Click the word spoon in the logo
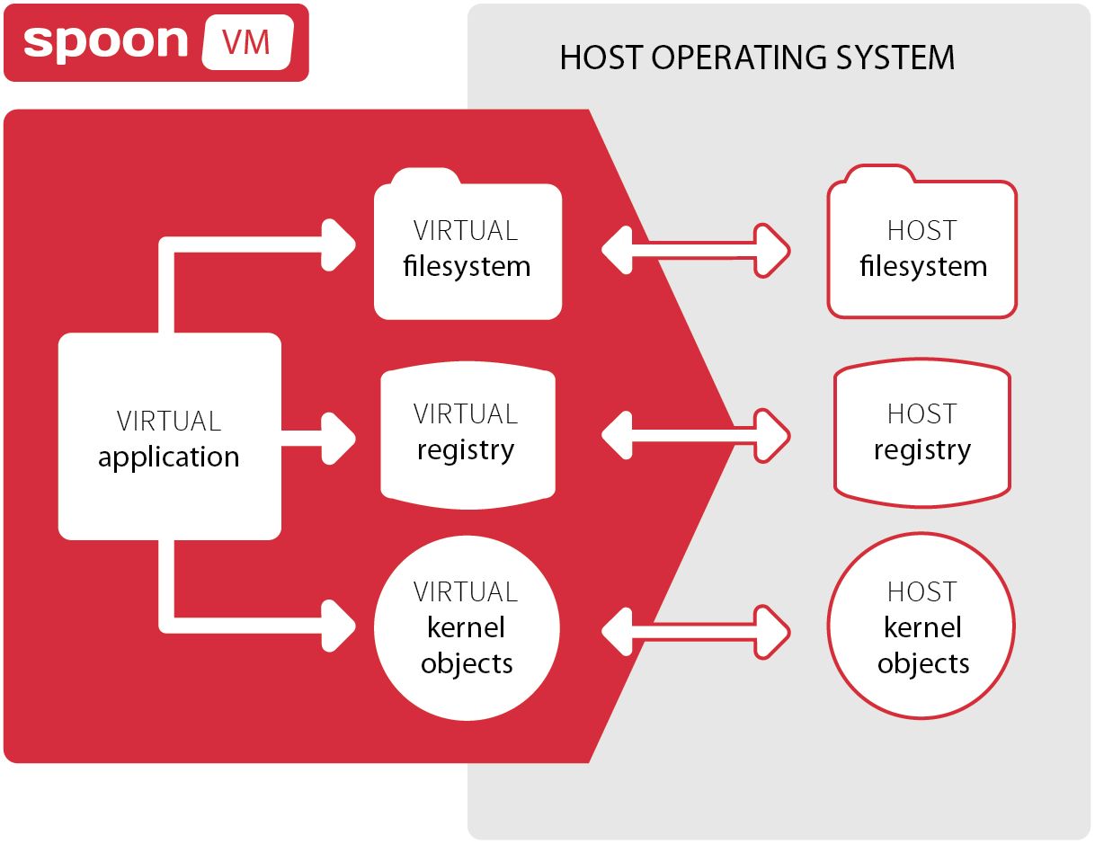point(106,41)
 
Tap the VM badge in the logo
point(247,42)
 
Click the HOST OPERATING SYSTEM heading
point(757,58)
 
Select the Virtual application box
point(170,437)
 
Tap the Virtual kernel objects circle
point(467,627)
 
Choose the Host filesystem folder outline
point(922,248)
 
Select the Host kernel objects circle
point(921,626)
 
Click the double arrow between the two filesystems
point(695,249)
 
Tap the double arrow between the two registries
point(695,437)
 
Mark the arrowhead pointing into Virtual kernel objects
point(341,626)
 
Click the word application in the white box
point(169,457)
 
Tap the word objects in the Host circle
point(923,663)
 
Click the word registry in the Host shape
point(922,449)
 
